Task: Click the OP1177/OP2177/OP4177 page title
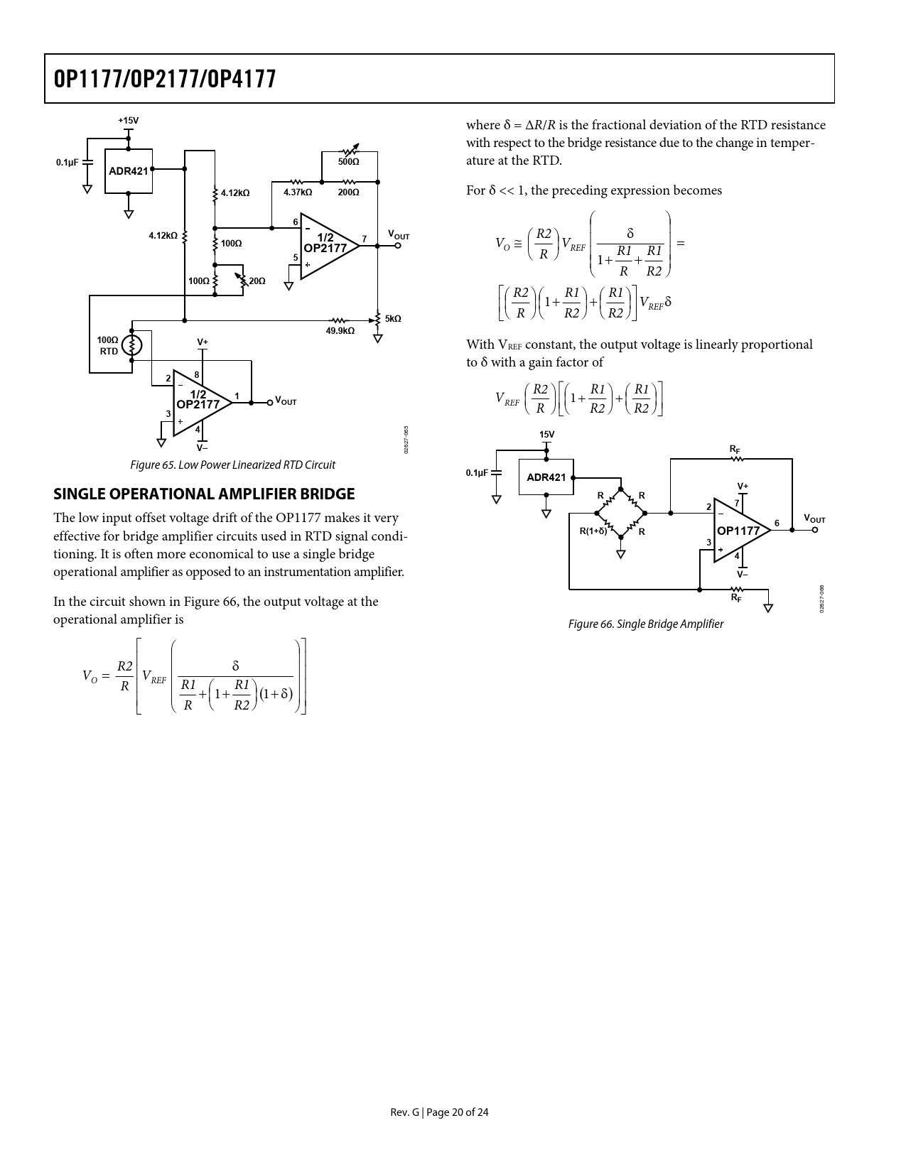[164, 79]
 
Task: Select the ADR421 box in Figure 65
[128, 171]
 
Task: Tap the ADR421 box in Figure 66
[546, 477]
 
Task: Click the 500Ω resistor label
[348, 162]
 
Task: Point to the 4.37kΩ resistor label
[297, 192]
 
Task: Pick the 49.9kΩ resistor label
[340, 331]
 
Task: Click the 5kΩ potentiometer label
[393, 319]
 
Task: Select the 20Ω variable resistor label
[257, 281]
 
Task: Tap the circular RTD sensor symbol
[132, 345]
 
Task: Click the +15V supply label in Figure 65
[128, 121]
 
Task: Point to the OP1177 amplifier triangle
[739, 531]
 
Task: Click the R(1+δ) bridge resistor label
[593, 531]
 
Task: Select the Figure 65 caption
[232, 465]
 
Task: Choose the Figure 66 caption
[645, 624]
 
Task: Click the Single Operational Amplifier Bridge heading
[204, 494]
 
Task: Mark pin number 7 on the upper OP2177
[364, 239]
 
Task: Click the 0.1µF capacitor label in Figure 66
[477, 473]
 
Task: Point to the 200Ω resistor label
[348, 192]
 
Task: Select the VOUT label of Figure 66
[814, 520]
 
